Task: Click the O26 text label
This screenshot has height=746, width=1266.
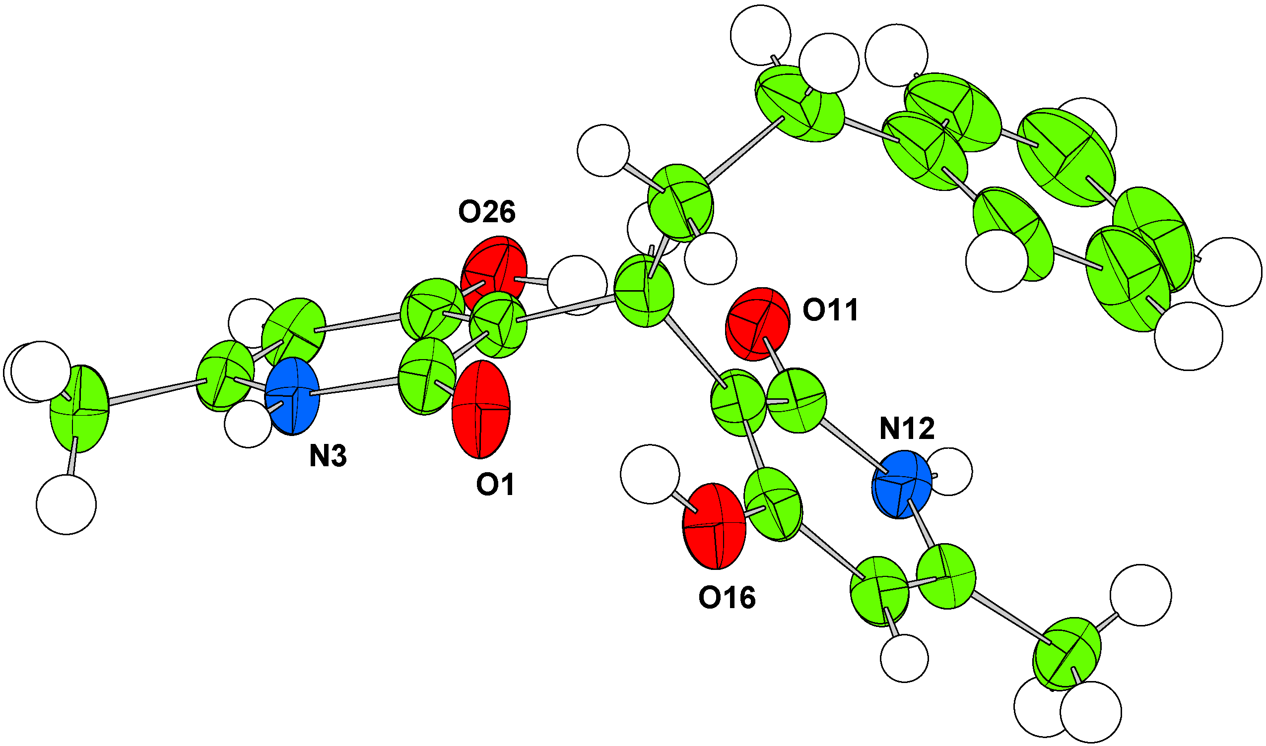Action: (x=486, y=213)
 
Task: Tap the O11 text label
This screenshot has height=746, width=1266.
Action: (x=830, y=310)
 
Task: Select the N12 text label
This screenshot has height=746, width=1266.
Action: (x=907, y=429)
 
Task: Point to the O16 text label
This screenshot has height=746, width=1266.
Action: (x=727, y=598)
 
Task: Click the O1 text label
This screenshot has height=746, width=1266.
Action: (x=495, y=485)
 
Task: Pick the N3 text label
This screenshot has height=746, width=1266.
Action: (x=328, y=457)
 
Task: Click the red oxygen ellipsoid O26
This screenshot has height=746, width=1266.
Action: (x=494, y=273)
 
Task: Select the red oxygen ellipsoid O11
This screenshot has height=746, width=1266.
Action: (x=757, y=324)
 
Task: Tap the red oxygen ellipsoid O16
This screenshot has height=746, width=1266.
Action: (x=713, y=526)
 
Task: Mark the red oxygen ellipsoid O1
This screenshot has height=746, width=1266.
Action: (x=481, y=409)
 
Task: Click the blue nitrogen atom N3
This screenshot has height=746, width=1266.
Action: (x=292, y=396)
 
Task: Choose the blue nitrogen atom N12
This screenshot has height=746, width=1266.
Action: (x=901, y=484)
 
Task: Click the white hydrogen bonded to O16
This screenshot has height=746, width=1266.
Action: (x=650, y=474)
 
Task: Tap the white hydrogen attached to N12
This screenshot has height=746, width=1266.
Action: (x=948, y=472)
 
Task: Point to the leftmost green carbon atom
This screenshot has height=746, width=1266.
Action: (x=79, y=409)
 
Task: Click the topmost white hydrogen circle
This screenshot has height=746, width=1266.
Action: (x=760, y=35)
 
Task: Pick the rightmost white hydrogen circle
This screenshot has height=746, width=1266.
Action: (x=1228, y=272)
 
